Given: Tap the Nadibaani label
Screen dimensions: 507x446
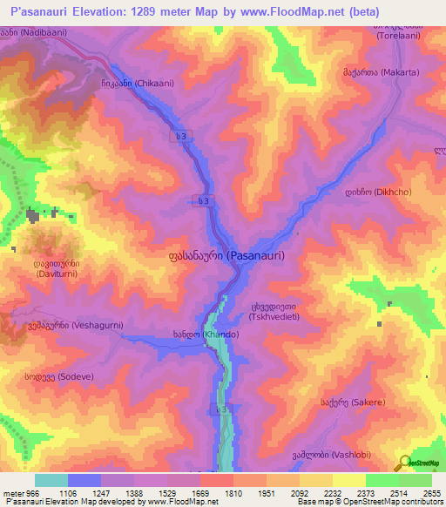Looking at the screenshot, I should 30,30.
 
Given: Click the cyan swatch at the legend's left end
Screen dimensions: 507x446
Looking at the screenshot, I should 51,480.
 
